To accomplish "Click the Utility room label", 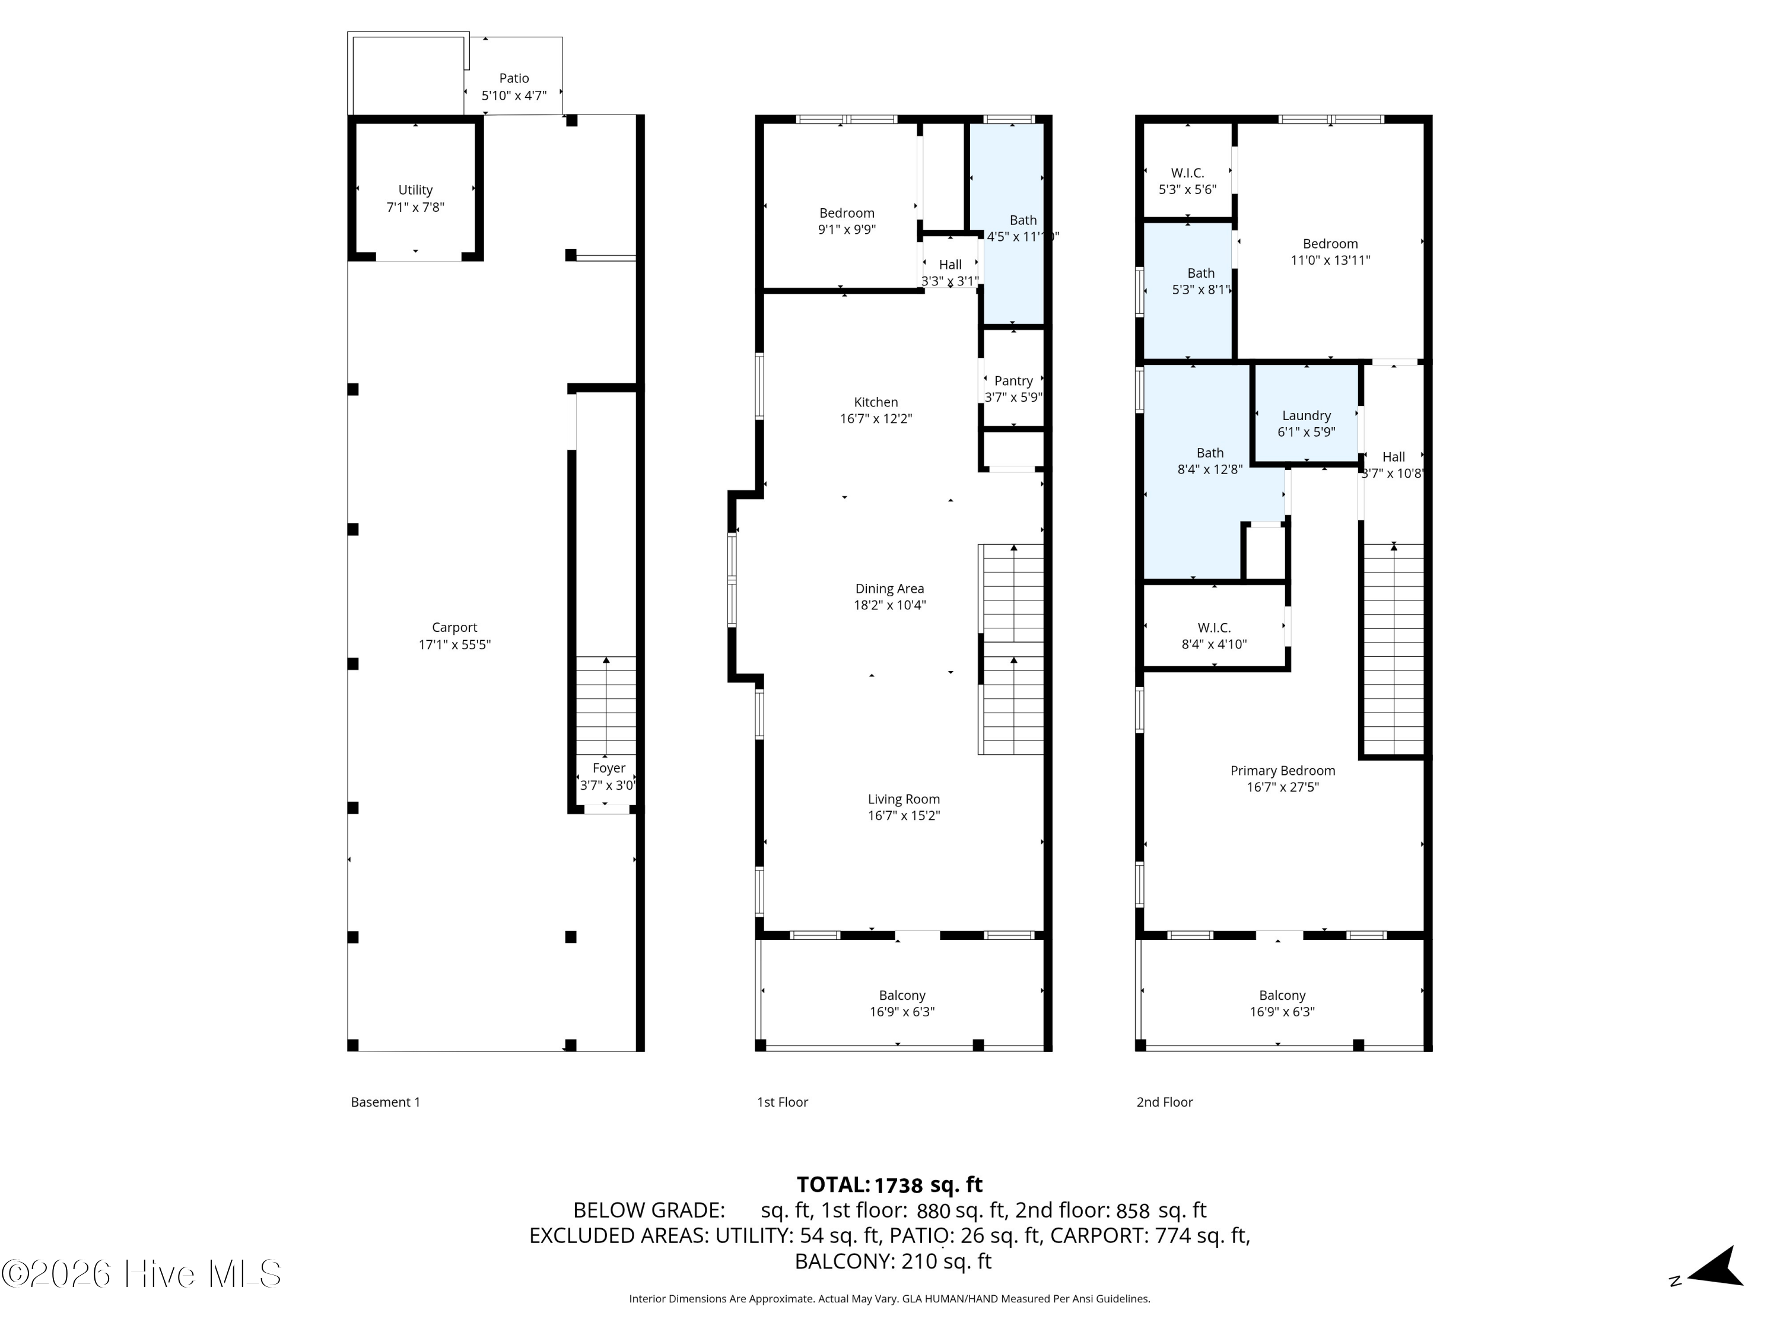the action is point(415,190).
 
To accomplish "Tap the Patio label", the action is point(514,78).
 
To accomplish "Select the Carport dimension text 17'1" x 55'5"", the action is point(454,644).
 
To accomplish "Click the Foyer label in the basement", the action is point(608,768).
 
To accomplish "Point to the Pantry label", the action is point(1013,381).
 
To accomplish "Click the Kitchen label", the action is point(876,402).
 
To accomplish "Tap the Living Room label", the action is point(904,799).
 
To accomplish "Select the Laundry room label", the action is point(1306,416).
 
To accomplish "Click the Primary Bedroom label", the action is point(1283,771).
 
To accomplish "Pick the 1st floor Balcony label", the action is point(902,996).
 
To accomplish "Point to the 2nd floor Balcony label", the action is point(1282,996).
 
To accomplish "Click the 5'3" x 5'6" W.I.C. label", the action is point(1188,173).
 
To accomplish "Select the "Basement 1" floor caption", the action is point(386,1102).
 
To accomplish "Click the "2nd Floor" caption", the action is point(1164,1102).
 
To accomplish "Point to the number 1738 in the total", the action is point(898,1185).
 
